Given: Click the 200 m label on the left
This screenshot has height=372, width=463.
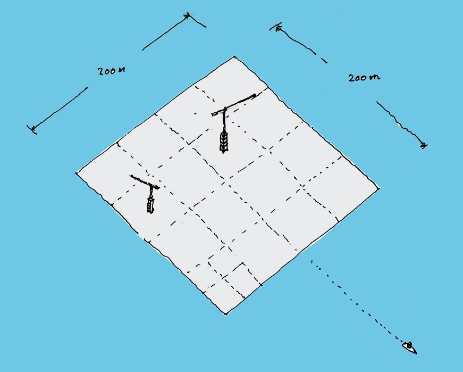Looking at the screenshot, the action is [x=111, y=71].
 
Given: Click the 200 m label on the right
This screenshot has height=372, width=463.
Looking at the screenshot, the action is [x=364, y=78].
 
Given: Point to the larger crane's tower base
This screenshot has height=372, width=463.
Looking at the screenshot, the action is [x=224, y=142].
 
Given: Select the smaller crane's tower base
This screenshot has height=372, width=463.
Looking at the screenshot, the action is [x=150, y=205].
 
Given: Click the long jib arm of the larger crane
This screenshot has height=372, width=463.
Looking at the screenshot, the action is [x=234, y=105].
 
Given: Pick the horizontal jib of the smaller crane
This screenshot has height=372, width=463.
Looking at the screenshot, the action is [x=145, y=182].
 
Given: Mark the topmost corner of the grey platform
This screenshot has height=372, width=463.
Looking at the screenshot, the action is [x=234, y=56].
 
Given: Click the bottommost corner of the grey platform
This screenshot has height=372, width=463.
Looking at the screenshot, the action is [x=225, y=314].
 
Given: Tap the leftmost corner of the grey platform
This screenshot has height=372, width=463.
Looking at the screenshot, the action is [x=77, y=173].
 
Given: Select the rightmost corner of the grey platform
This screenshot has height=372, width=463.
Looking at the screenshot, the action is [x=379, y=188].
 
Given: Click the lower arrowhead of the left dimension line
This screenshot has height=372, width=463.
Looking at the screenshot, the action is [x=32, y=129].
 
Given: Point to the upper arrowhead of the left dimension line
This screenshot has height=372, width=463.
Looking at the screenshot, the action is [x=187, y=15].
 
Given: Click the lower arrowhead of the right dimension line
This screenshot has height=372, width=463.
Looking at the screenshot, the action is [x=424, y=145].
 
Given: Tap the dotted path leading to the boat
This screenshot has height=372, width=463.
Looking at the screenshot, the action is [x=358, y=304].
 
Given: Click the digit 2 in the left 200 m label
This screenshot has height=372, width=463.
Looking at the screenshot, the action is [x=100, y=72].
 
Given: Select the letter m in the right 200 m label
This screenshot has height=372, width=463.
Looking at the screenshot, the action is [x=375, y=78].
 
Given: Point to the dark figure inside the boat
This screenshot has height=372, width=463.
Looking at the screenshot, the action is [x=409, y=345].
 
